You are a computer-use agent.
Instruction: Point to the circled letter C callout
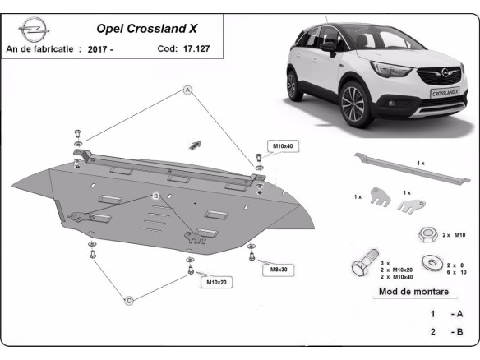(128, 301)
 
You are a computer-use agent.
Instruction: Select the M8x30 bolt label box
(279, 269)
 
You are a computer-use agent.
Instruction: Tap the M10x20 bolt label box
(215, 283)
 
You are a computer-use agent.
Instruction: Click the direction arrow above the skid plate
(196, 143)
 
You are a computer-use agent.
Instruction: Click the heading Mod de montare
(413, 292)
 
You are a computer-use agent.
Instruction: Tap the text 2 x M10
(453, 235)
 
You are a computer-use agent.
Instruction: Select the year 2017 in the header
(102, 49)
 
